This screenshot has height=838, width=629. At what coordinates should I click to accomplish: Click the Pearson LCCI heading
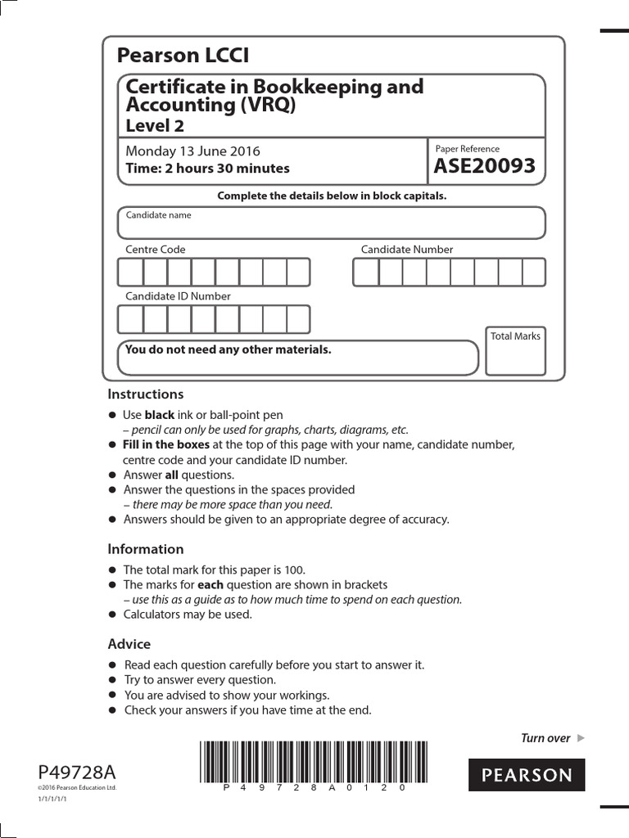click(183, 56)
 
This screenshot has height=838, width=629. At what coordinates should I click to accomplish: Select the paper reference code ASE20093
click(485, 167)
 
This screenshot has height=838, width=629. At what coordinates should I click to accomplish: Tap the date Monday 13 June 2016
click(192, 151)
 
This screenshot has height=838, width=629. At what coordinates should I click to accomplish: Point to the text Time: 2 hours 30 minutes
click(207, 169)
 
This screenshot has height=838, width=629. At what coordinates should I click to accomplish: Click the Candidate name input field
click(331, 223)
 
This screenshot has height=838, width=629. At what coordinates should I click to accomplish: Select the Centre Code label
click(155, 250)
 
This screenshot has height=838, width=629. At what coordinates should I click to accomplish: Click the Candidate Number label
click(407, 250)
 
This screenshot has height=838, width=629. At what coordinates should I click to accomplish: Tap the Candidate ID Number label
click(178, 296)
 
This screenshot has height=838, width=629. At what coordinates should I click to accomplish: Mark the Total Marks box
click(515, 352)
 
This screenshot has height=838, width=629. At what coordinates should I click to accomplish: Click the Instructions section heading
click(146, 394)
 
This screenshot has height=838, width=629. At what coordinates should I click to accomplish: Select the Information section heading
click(146, 549)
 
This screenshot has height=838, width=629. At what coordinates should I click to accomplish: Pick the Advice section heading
click(129, 644)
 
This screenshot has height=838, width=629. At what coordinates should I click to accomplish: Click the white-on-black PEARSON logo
click(527, 775)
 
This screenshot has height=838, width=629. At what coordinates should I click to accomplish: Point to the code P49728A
click(77, 772)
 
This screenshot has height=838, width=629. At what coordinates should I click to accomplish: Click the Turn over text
click(545, 738)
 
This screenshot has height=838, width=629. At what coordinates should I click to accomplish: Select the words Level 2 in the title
click(154, 125)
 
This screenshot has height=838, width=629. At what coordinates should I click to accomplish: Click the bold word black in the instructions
click(160, 415)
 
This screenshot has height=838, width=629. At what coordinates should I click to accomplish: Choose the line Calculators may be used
click(188, 614)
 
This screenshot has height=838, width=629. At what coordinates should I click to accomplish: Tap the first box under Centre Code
click(131, 273)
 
